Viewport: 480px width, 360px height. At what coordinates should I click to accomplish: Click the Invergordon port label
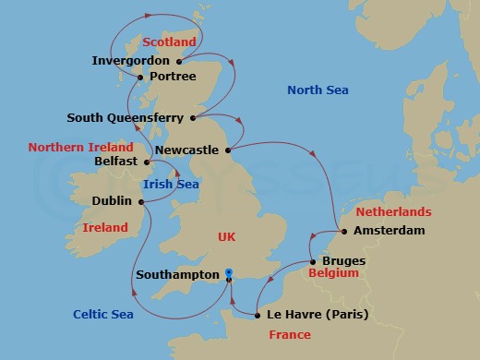(x=131, y=61)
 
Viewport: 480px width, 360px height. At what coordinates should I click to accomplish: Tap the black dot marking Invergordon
(x=179, y=62)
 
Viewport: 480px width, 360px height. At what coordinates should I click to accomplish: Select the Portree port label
(x=172, y=77)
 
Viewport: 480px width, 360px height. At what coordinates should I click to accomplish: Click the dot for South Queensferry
(x=193, y=117)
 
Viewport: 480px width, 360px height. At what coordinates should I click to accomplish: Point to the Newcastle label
(x=187, y=149)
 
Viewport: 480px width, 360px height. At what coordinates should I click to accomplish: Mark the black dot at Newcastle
(x=228, y=148)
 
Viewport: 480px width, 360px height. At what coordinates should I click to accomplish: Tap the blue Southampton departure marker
(x=229, y=275)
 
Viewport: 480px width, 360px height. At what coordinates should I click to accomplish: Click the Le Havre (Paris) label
(x=317, y=315)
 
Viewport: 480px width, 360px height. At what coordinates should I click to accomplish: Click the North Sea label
(x=318, y=90)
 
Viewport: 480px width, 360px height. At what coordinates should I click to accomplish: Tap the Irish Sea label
(x=171, y=185)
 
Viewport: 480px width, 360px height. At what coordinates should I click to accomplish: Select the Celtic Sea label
(x=103, y=315)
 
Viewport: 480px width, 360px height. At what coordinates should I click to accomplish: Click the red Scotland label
(x=171, y=42)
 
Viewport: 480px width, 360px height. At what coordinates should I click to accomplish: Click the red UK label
(x=226, y=237)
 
